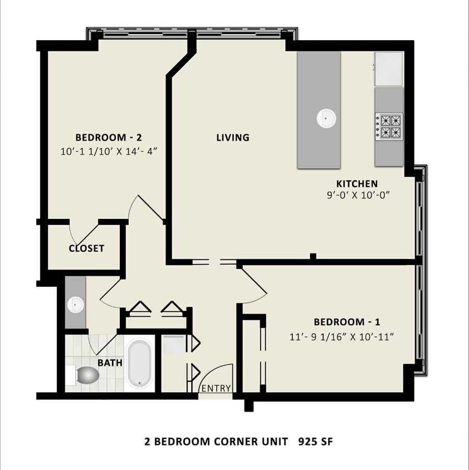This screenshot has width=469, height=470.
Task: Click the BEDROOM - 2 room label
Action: (109, 138)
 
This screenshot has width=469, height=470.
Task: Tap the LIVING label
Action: (233, 138)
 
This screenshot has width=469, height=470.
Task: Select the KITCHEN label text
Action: (357, 183)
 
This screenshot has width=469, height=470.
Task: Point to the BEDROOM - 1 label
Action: (347, 322)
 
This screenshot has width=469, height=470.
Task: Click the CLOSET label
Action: (86, 248)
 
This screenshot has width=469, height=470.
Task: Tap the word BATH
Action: (110, 363)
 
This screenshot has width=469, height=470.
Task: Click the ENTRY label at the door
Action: (216, 389)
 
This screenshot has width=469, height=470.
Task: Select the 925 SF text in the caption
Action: (315, 442)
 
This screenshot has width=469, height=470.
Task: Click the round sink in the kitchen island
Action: (326, 118)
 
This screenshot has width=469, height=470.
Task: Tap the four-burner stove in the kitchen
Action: (389, 126)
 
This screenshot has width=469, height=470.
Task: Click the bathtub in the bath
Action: (139, 364)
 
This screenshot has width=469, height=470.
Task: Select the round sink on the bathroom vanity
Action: (75, 305)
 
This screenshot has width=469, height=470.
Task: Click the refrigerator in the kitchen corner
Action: (388, 69)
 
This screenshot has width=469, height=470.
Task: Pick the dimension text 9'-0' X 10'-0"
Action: (358, 195)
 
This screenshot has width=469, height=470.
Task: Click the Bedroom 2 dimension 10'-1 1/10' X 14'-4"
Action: (109, 151)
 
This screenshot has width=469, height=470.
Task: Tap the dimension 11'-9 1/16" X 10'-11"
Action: (341, 337)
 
